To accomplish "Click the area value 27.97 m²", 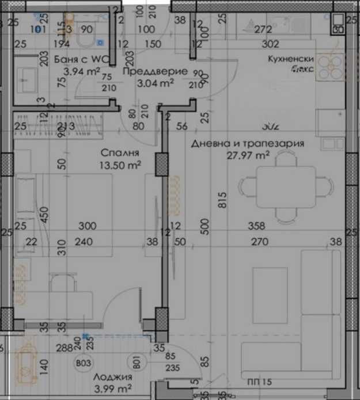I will pyautogui.click(x=248, y=155).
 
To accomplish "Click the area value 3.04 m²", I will pyautogui.click(x=156, y=83).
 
